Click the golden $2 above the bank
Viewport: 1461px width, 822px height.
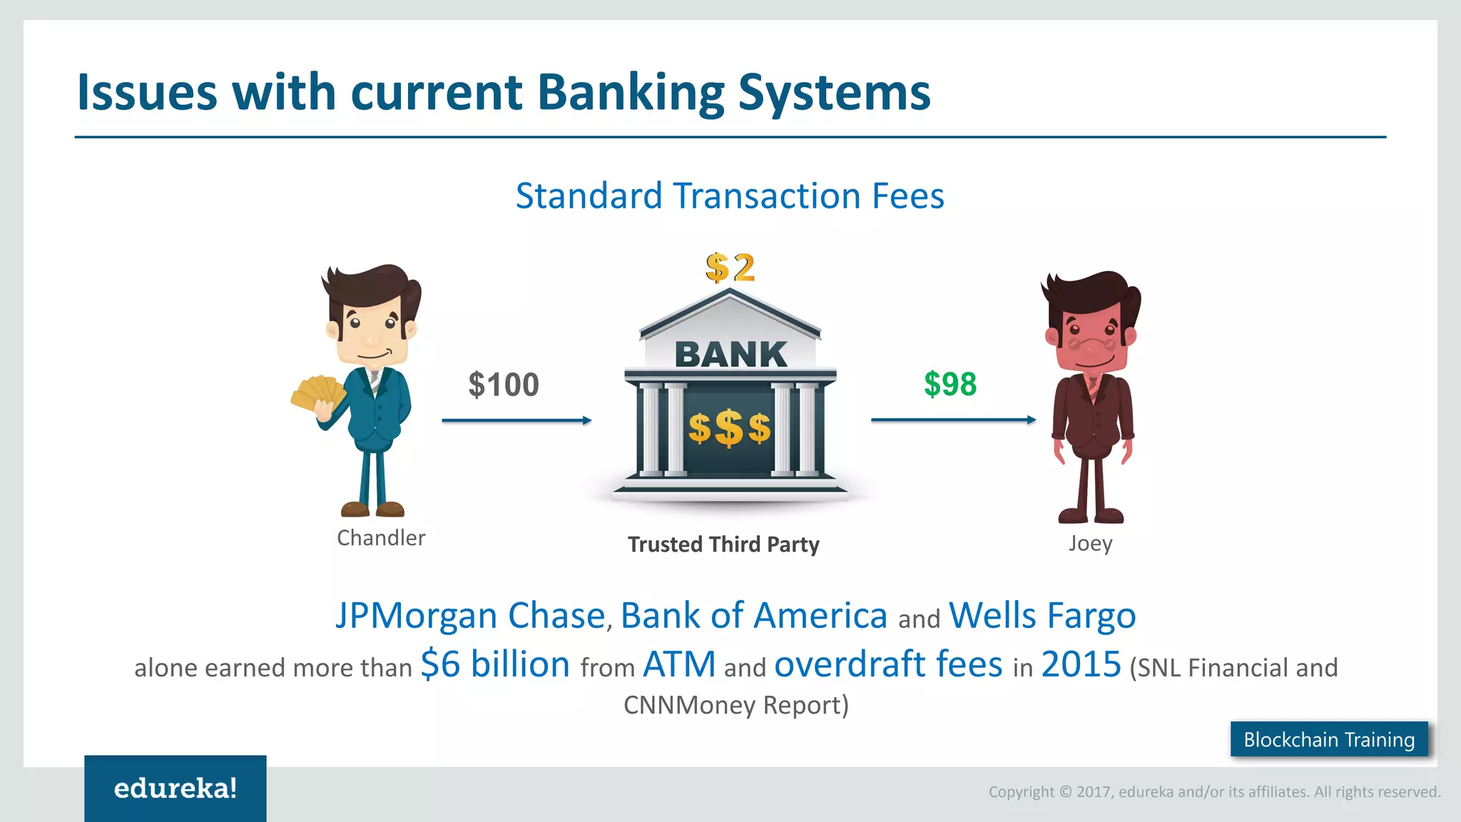click(x=730, y=268)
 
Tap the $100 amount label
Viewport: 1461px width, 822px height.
click(x=504, y=385)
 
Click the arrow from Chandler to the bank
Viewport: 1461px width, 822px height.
click(x=516, y=420)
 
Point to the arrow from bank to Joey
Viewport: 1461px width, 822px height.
click(x=953, y=420)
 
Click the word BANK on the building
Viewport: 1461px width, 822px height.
click(x=730, y=355)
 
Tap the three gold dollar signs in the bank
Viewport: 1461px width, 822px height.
click(x=729, y=428)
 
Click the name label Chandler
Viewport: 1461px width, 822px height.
click(x=381, y=537)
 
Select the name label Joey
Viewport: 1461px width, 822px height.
click(x=1090, y=543)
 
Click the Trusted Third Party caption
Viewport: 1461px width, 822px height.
click(x=723, y=544)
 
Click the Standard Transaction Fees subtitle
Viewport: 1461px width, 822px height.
click(x=730, y=196)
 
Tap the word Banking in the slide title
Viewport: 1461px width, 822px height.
click(x=630, y=93)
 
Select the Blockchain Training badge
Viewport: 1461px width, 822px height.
click(x=1329, y=739)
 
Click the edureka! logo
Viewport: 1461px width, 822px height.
click(x=175, y=788)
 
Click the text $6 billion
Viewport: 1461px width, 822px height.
click(x=495, y=664)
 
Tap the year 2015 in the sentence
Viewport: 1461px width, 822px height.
click(x=1081, y=664)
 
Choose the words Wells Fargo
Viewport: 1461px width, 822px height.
click(x=1042, y=615)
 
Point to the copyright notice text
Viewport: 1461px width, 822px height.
click(x=1214, y=791)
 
